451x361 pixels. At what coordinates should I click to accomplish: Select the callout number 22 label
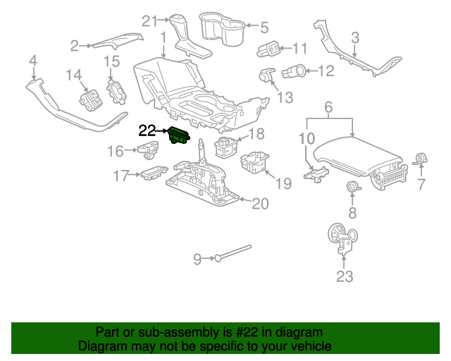click(x=147, y=130)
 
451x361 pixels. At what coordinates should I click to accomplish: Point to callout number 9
click(x=198, y=259)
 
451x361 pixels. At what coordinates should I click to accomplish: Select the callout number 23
click(x=344, y=277)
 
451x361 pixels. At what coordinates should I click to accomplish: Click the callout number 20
click(x=260, y=204)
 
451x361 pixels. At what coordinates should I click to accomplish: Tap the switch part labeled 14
click(x=91, y=99)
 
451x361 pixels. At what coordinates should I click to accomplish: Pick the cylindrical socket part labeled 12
click(x=295, y=71)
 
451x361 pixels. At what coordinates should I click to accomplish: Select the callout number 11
click(x=300, y=49)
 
